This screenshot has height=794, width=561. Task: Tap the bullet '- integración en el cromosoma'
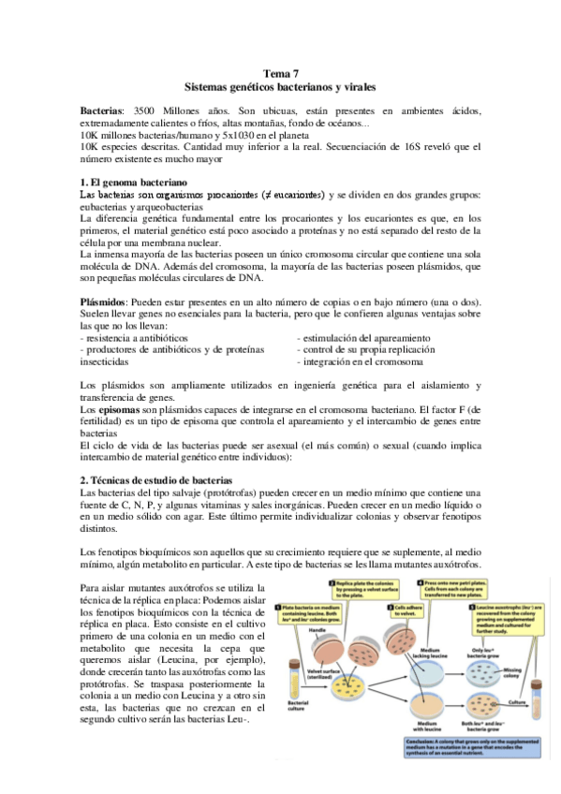point(364,360)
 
